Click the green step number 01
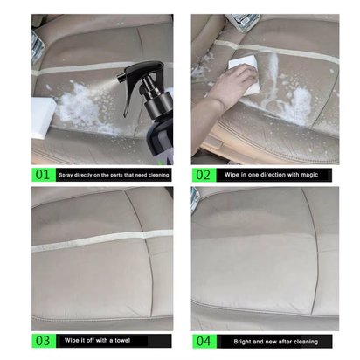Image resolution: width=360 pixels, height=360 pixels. click(x=41, y=175)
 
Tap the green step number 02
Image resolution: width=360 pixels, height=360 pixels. click(x=203, y=175)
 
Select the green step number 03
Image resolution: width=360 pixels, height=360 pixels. click(x=41, y=341)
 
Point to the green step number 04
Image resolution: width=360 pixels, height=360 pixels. click(x=203, y=341)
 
